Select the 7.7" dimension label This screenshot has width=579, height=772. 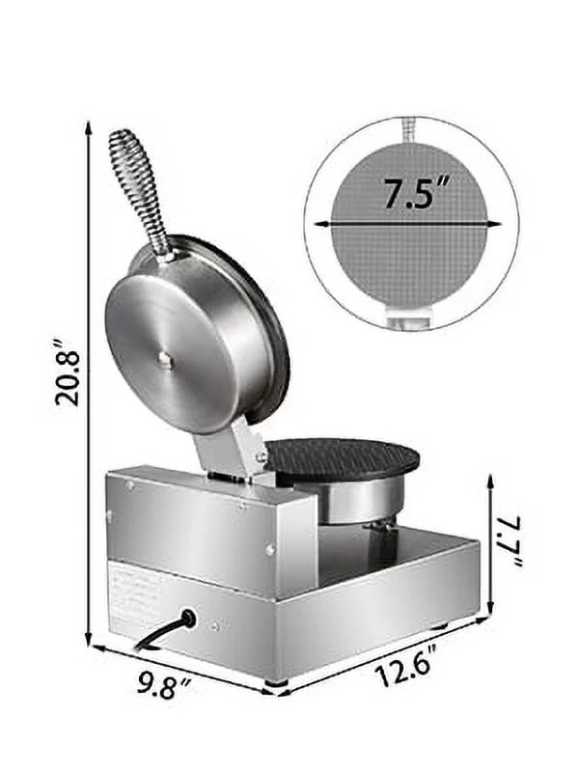[x=510, y=539]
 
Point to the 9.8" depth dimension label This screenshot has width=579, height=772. [x=164, y=688]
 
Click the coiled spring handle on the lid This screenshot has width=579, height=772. [x=140, y=188]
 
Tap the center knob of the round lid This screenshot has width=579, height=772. [x=165, y=358]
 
